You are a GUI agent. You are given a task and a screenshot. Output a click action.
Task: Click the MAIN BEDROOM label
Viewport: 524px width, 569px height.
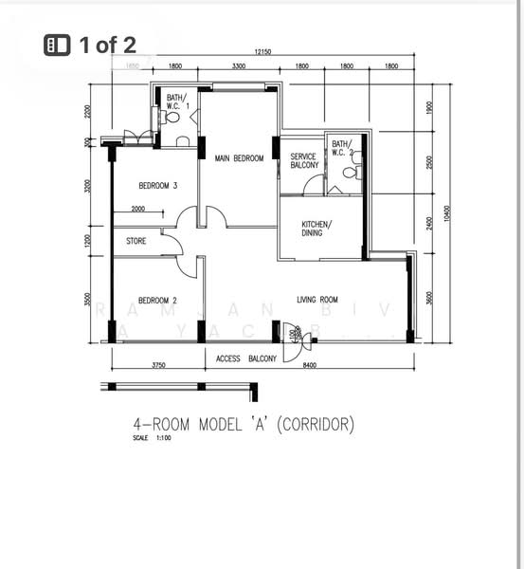tap(239, 158)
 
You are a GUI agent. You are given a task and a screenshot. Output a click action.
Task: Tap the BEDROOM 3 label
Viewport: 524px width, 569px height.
tap(158, 186)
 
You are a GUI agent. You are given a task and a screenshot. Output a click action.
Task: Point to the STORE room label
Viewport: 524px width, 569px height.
tap(136, 242)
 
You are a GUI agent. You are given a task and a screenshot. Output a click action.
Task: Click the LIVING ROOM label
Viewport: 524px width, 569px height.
tap(317, 300)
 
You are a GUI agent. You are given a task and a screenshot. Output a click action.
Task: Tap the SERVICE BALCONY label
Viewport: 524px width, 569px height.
tap(304, 161)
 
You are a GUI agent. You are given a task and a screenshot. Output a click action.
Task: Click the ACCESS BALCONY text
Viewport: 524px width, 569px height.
tap(246, 358)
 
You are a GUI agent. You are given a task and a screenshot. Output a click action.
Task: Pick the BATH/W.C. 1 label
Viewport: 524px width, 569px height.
tap(177, 101)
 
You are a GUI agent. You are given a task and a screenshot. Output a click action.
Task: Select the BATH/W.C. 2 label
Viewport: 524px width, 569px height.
tap(341, 148)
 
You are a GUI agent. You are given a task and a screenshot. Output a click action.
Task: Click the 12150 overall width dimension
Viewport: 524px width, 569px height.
tap(265, 51)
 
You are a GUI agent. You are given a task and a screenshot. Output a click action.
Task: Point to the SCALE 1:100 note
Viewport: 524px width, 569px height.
tap(147, 438)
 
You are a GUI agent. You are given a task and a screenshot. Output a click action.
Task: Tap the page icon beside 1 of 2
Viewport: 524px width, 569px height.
tap(58, 44)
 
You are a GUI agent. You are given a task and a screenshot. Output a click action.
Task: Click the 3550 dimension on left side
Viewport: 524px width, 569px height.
tap(87, 301)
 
